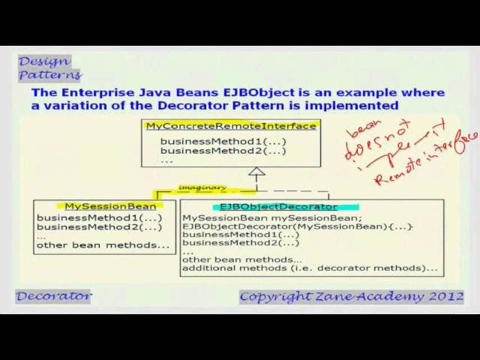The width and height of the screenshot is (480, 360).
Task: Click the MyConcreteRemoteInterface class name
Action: click(x=231, y=126)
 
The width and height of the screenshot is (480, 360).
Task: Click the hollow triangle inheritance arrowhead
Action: click(x=257, y=172)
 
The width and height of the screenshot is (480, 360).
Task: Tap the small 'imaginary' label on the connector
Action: click(x=202, y=187)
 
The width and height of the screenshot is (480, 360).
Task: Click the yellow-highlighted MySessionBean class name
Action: click(x=110, y=206)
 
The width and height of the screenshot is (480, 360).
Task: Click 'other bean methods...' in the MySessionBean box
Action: click(x=103, y=245)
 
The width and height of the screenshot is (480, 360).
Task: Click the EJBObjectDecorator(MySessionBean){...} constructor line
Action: click(x=297, y=226)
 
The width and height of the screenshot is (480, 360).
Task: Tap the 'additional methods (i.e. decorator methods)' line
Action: click(x=309, y=268)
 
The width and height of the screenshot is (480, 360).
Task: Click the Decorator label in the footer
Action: click(x=54, y=295)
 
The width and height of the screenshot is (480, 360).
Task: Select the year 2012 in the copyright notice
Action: click(x=445, y=296)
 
